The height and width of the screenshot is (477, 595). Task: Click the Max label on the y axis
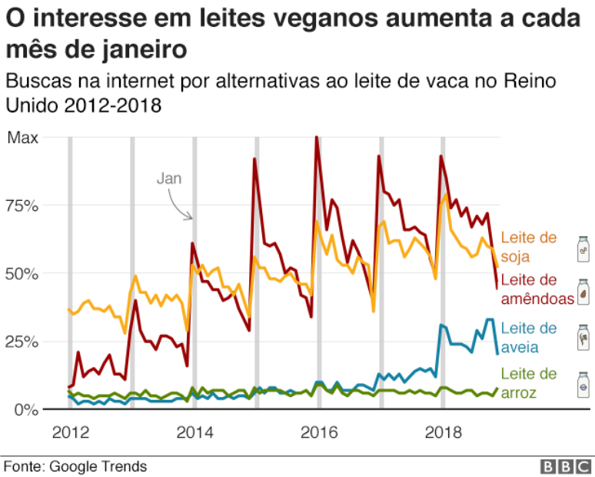click(x=23, y=138)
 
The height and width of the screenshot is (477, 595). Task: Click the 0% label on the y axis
click(x=25, y=409)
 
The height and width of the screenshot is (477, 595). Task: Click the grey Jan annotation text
click(x=169, y=178)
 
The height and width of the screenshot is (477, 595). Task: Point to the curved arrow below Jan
click(x=181, y=206)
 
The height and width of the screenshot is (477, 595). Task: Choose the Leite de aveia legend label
click(x=528, y=337)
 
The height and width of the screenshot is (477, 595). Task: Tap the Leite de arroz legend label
click(x=528, y=383)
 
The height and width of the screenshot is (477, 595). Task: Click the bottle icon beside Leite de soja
click(x=583, y=249)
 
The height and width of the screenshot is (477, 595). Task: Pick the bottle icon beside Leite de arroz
click(x=583, y=385)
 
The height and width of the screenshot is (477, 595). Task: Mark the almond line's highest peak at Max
click(x=317, y=138)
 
